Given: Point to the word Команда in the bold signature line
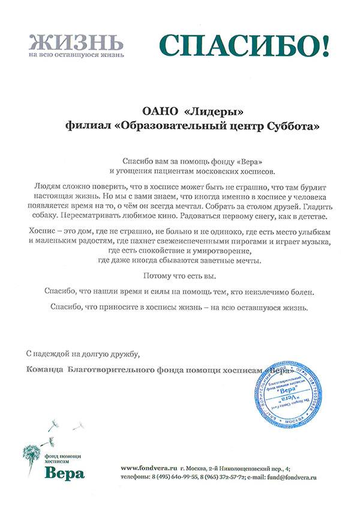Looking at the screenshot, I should [x=45, y=370].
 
